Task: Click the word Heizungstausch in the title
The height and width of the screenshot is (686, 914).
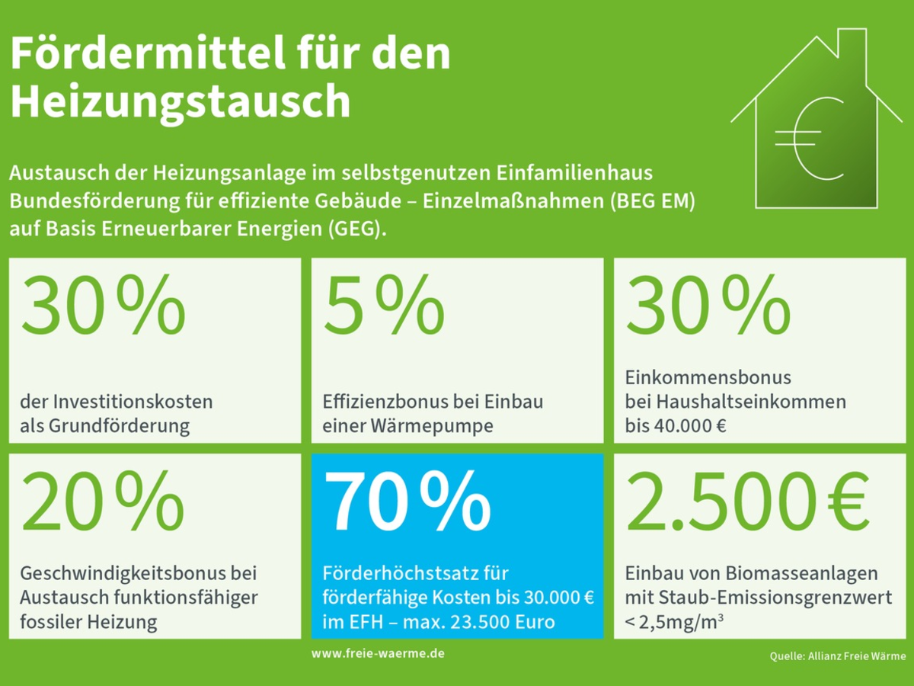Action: coord(181,101)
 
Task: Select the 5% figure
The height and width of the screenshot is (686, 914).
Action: coord(384,306)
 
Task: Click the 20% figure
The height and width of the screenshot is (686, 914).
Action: coord(103,502)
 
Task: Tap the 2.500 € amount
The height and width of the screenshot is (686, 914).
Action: coord(747,502)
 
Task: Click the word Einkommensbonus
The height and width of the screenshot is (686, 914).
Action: coord(697,377)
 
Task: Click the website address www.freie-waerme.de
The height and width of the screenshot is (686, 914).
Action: coord(378,654)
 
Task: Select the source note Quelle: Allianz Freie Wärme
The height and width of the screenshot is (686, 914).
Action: coord(837,656)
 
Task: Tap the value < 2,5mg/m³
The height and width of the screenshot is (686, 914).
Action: coord(674,622)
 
